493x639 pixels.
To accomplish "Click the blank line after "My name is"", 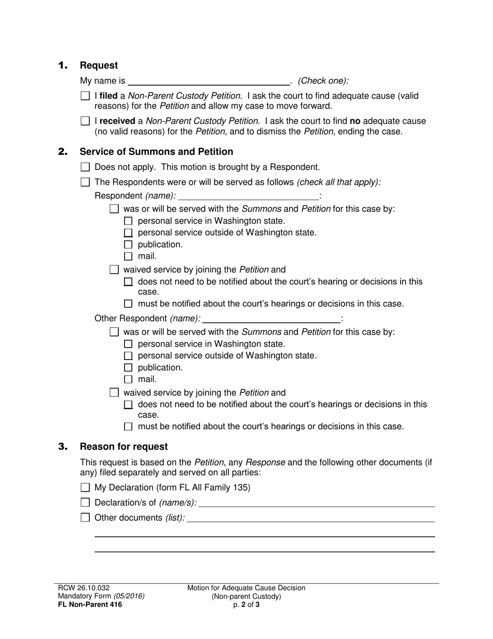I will [x=209, y=81].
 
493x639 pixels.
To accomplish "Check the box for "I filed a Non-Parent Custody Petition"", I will [x=86, y=96].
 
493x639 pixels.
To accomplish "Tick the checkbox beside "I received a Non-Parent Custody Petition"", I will [x=86, y=121].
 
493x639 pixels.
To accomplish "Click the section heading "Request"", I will [x=99, y=65].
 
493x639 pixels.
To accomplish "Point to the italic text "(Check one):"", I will [x=323, y=81].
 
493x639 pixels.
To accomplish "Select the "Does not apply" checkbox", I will [x=86, y=167].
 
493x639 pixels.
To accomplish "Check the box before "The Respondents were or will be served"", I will [x=86, y=182].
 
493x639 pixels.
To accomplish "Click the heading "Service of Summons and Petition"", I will [x=156, y=152].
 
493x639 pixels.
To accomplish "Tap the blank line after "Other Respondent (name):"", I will [x=271, y=318].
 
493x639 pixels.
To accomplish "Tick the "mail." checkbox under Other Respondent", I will [x=129, y=380].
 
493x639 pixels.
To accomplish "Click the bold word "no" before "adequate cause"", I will [x=355, y=121].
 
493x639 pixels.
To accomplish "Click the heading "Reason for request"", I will [x=124, y=447].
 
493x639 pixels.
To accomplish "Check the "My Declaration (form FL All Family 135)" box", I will [x=86, y=488].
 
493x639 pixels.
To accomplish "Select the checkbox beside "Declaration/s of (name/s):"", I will [x=86, y=502].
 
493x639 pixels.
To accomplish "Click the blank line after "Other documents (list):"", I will [x=310, y=518].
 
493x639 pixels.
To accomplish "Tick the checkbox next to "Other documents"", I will [x=86, y=517].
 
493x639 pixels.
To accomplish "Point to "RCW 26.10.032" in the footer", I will [x=84, y=588].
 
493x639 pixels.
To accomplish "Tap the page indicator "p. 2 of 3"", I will [x=246, y=605].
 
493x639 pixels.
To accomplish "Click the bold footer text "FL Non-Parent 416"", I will [x=90, y=605].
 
